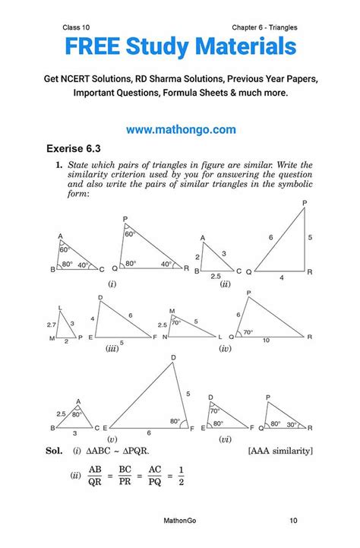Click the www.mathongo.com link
point(181,130)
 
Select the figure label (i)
point(112,283)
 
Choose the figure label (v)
point(112,439)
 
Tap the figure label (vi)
point(226,439)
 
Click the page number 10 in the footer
point(293,521)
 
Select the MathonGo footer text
point(181,521)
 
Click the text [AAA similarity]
point(280,451)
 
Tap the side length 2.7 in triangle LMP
point(50,323)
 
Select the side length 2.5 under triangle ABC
point(216,277)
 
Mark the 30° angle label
point(292,424)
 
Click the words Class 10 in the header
point(78,27)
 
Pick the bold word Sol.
point(53,451)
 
